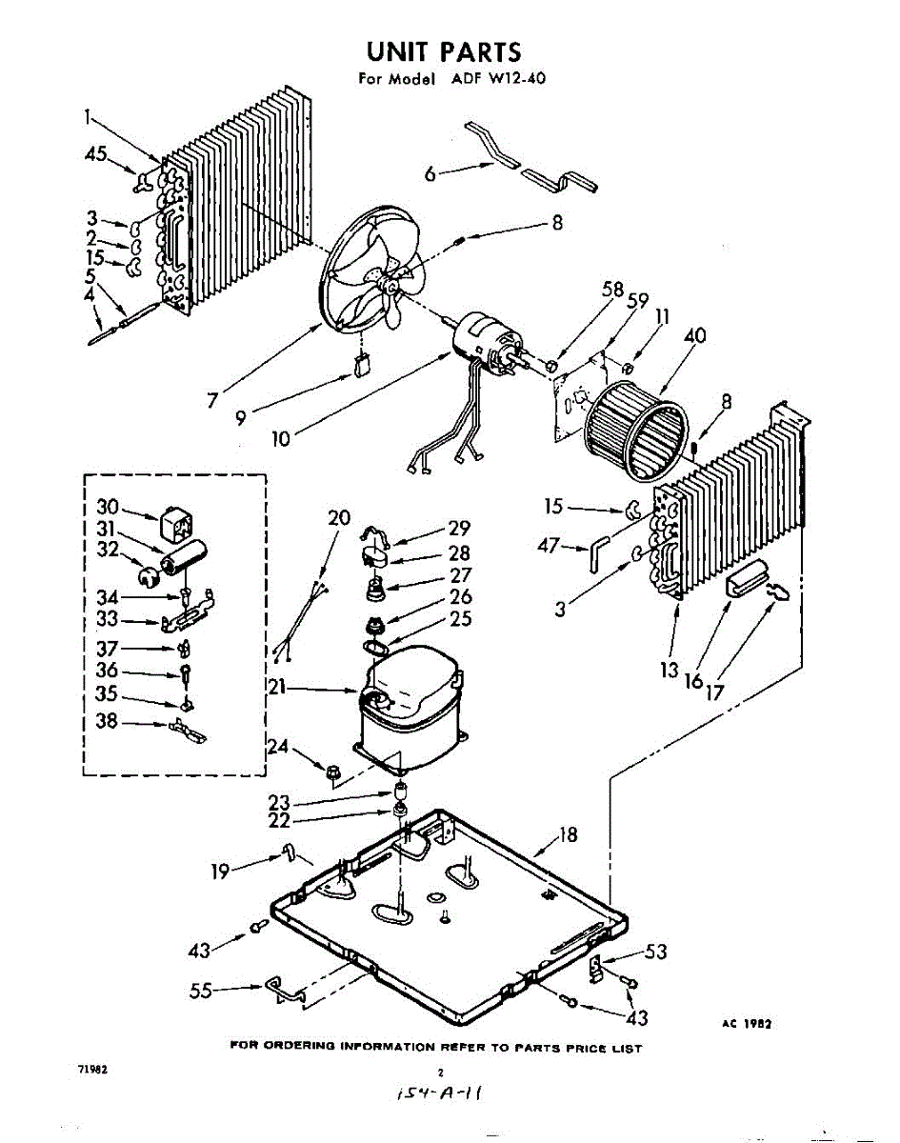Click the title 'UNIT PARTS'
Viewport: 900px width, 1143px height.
(445, 50)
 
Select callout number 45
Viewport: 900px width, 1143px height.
(96, 154)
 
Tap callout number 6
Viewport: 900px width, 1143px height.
(430, 173)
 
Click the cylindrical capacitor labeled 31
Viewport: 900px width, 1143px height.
(183, 555)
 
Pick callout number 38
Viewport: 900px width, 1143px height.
(108, 721)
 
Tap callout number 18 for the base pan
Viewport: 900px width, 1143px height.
(568, 835)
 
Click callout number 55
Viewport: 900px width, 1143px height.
(201, 990)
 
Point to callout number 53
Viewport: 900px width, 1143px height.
(655, 951)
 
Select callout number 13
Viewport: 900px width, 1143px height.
(669, 670)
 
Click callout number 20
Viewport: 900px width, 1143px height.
(339, 518)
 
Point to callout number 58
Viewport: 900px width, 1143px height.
(613, 290)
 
